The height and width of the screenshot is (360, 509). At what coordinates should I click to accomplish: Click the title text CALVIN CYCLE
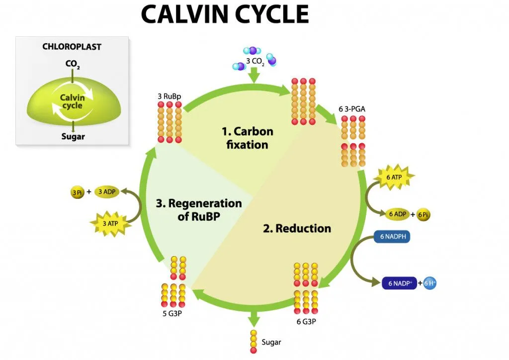(225, 15)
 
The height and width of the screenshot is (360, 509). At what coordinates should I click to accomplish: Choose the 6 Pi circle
(423, 214)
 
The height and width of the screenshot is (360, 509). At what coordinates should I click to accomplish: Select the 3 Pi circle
(78, 192)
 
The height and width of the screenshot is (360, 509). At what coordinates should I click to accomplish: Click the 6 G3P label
(306, 321)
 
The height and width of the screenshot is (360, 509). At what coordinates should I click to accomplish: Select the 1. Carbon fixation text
(247, 138)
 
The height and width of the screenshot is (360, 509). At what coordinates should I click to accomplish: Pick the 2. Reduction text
(297, 228)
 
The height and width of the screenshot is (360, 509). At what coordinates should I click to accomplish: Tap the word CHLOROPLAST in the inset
(73, 47)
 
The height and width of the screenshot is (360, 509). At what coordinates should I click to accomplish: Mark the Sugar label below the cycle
(271, 342)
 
